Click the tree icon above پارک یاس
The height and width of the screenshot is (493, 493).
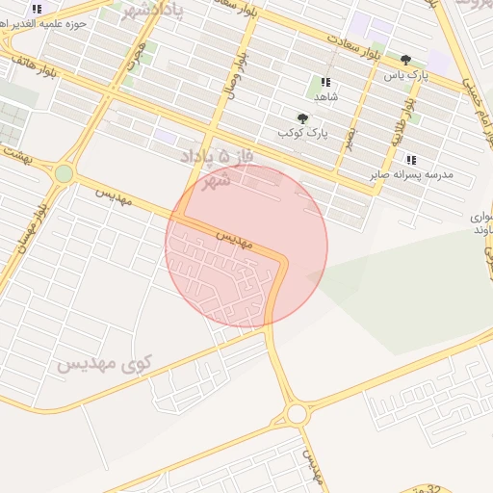(x=405, y=59)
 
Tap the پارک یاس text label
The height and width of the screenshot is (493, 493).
(x=404, y=74)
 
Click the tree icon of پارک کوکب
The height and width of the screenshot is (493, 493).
(x=303, y=117)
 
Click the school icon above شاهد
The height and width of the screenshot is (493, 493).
(x=325, y=82)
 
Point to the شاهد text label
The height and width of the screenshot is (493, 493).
(x=325, y=97)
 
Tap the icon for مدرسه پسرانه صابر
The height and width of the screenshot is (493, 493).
(x=411, y=160)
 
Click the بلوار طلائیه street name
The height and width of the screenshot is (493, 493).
(x=397, y=124)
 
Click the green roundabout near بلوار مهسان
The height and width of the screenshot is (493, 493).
(x=64, y=173)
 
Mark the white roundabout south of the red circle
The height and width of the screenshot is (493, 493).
(x=297, y=414)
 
